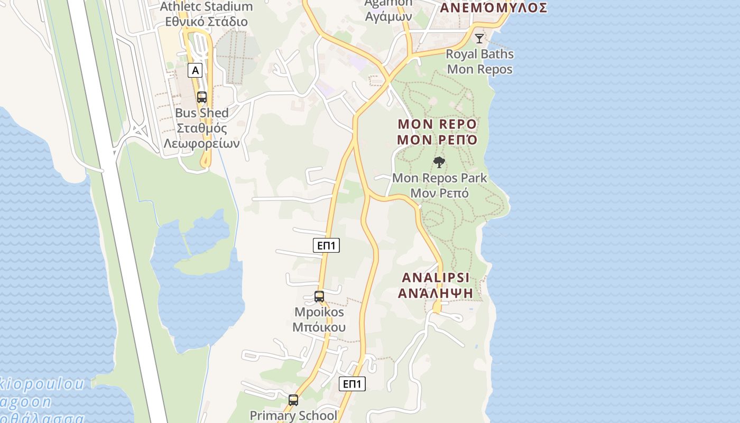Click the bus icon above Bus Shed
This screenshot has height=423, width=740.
(201, 97)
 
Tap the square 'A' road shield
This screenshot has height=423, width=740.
(195, 70)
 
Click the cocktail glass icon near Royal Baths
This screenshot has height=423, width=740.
(479, 38)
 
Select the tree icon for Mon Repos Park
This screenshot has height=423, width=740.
(439, 162)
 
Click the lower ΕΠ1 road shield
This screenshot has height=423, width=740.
(352, 384)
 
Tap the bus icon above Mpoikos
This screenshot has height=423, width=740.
(319, 297)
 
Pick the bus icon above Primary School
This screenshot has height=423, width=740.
(293, 400)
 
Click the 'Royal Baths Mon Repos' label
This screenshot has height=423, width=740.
(479, 61)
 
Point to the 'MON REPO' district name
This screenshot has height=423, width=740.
(437, 124)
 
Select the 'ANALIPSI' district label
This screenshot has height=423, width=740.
(436, 278)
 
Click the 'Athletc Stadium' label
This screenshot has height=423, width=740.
(206, 7)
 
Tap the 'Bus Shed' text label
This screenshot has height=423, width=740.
(202, 113)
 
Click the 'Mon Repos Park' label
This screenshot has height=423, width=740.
(440, 178)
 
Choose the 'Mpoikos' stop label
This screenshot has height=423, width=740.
(319, 312)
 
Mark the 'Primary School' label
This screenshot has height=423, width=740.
(293, 416)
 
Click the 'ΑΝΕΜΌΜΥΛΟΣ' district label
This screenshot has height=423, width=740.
(493, 8)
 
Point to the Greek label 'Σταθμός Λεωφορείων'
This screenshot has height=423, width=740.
(202, 136)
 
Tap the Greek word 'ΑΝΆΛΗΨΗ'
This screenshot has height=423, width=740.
(436, 293)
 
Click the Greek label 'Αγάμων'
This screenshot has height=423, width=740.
(388, 16)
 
